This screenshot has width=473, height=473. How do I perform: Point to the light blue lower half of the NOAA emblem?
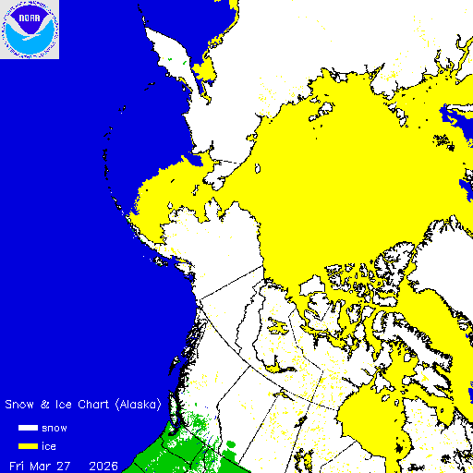pyautogui.click(x=30, y=44)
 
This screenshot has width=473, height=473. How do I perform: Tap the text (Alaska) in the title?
pyautogui.click(x=139, y=405)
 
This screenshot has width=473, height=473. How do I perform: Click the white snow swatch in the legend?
pyautogui.click(x=29, y=429)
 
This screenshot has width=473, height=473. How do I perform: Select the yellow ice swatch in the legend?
pyautogui.click(x=29, y=446)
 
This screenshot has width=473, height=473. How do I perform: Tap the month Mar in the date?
pyautogui.click(x=42, y=464)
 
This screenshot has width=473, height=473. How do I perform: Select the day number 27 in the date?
pyautogui.click(x=67, y=464)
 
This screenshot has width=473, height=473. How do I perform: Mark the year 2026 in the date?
pyautogui.click(x=103, y=464)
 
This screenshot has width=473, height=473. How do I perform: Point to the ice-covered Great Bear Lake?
pyautogui.click(x=277, y=323)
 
